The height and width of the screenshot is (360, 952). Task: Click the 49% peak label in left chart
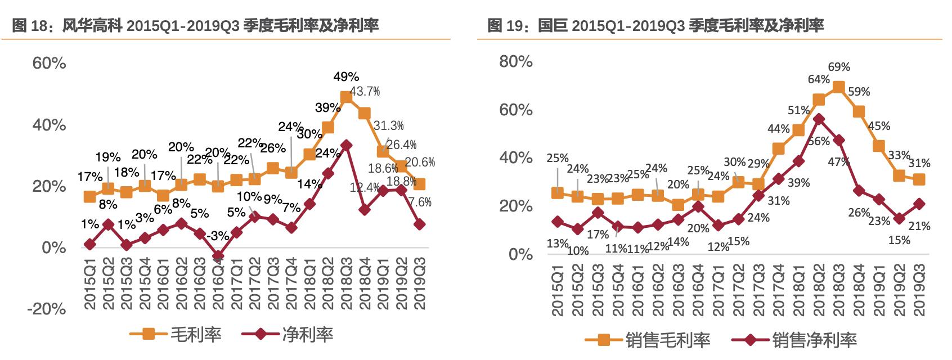tap(346, 76)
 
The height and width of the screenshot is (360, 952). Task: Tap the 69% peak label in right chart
tap(839, 67)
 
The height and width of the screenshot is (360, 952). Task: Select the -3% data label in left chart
tap(217, 235)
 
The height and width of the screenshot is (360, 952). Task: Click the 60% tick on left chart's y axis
tap(50, 63)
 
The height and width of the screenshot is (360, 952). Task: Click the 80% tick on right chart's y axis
tap(516, 61)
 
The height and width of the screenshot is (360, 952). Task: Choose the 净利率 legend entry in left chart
tap(288, 335)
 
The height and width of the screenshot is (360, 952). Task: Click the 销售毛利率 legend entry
tap(648, 340)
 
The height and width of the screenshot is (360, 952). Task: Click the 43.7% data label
tap(365, 91)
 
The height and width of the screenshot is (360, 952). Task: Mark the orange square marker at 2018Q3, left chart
tap(346, 97)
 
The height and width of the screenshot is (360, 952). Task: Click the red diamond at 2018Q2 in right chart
tap(819, 119)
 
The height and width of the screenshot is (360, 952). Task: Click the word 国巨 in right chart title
tap(554, 25)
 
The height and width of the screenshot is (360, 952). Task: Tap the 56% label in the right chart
tap(819, 141)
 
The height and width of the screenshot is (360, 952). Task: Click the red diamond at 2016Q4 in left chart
tap(218, 256)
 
